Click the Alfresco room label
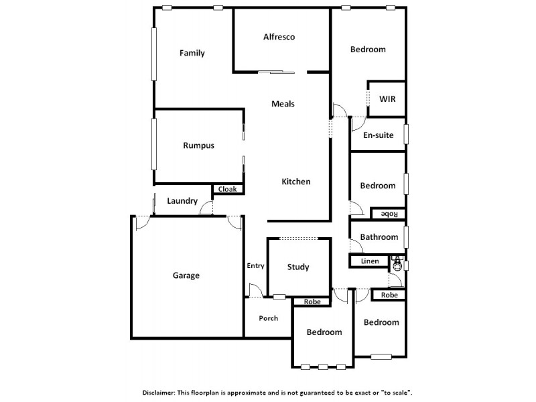pyautogui.click(x=279, y=37)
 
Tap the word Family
pyautogui.click(x=192, y=54)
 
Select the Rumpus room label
pyautogui.click(x=198, y=145)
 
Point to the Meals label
pyautogui.click(x=283, y=104)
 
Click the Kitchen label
pyautogui.click(x=295, y=182)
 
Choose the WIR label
pyautogui.click(x=387, y=99)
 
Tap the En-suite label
pyautogui.click(x=378, y=135)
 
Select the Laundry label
pyautogui.click(x=182, y=201)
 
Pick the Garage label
pyautogui.click(x=186, y=275)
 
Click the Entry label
pyautogui.click(x=255, y=266)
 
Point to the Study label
pyautogui.click(x=298, y=267)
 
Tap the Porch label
pyautogui.click(x=268, y=318)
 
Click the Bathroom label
pyautogui.click(x=379, y=237)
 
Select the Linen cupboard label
pyautogui.click(x=370, y=261)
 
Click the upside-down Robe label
pyautogui.click(x=389, y=214)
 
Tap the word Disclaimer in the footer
pyautogui.click(x=161, y=392)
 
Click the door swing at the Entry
pyautogui.click(x=255, y=290)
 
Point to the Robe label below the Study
pyautogui.click(x=312, y=301)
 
